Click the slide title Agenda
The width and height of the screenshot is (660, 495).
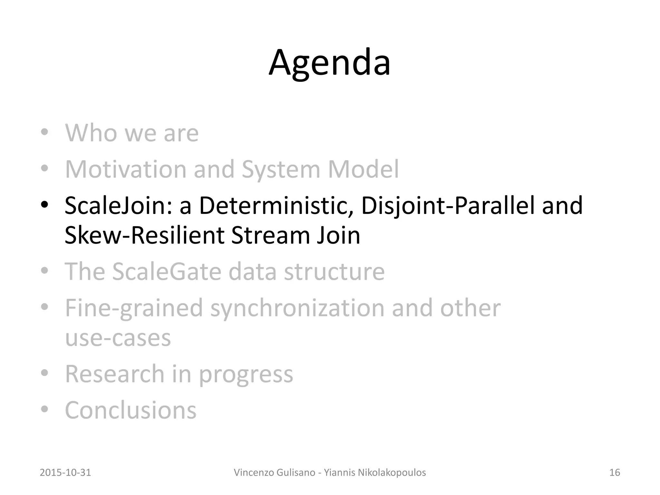(330, 63)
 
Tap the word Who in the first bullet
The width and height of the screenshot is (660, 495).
(91, 133)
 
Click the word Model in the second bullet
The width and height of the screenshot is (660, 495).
(363, 169)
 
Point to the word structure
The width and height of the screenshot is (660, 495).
(334, 272)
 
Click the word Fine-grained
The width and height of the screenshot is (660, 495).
(134, 308)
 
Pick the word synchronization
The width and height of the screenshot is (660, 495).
(297, 308)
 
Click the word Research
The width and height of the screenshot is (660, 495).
(115, 374)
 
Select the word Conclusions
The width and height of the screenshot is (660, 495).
(131, 410)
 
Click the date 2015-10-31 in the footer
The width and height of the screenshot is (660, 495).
(65, 472)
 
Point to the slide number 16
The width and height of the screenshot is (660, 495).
(615, 472)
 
